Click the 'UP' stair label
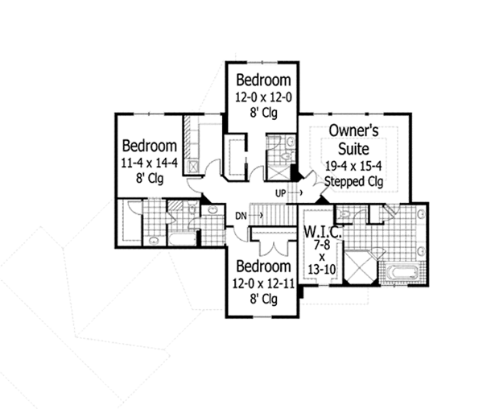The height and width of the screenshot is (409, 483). click(x=281, y=193)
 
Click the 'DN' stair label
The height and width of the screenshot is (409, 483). click(x=241, y=215)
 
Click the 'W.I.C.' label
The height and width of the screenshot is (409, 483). click(x=323, y=233)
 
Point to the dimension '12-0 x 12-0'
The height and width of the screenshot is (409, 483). click(x=262, y=96)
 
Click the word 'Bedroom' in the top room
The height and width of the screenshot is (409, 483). click(x=262, y=81)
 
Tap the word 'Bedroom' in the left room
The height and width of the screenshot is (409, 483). click(x=149, y=146)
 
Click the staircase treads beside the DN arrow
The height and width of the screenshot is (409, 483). click(x=274, y=215)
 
